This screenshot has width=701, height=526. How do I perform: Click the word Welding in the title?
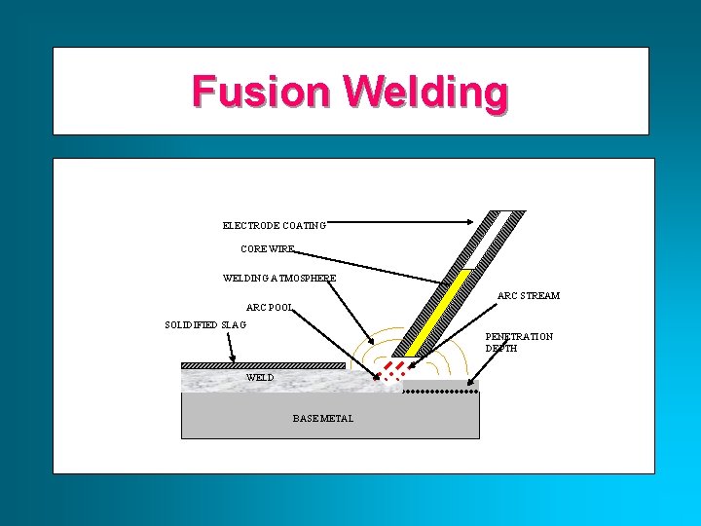tap(424, 93)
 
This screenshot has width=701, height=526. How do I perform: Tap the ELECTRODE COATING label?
tap(274, 225)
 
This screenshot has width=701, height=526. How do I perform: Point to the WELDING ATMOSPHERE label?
tap(279, 279)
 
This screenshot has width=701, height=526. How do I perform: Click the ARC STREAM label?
tap(528, 295)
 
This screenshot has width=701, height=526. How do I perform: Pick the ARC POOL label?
tap(270, 309)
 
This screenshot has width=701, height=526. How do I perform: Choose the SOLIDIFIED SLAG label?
tap(205, 324)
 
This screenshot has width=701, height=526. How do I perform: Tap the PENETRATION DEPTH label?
tap(519, 342)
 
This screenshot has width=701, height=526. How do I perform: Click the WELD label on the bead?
tap(260, 377)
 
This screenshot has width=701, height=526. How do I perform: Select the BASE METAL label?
tap(323, 419)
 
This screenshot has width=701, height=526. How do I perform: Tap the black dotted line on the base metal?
tap(440, 391)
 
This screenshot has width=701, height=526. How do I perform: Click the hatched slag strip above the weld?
tap(263, 366)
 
